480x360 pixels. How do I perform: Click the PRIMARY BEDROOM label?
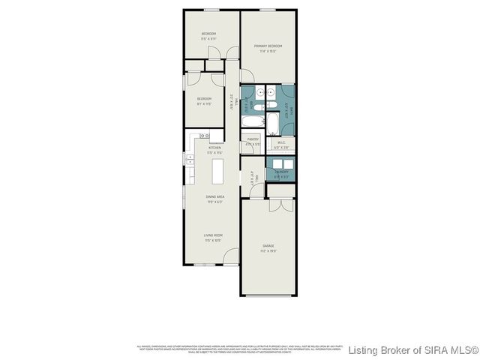point(268,46)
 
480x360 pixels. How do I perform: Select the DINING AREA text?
point(215,196)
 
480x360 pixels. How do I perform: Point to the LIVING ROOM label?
point(214,235)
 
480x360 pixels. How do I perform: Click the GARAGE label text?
point(268,245)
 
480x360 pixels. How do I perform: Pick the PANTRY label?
point(253,139)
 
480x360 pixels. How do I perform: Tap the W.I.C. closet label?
point(280,142)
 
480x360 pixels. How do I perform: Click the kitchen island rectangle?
point(218,171)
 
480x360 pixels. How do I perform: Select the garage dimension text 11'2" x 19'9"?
point(268,250)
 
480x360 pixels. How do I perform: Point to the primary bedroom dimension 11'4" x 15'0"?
point(268,52)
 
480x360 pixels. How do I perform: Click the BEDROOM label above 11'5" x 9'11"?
point(208,34)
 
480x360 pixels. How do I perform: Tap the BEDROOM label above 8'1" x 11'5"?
point(204,98)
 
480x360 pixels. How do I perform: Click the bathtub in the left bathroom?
point(253,119)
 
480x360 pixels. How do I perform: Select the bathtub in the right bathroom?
point(274,119)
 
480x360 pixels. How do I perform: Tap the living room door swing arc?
point(231,255)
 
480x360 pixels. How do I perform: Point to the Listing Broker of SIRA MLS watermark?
point(413,350)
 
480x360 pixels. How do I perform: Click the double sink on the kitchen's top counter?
point(202,136)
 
